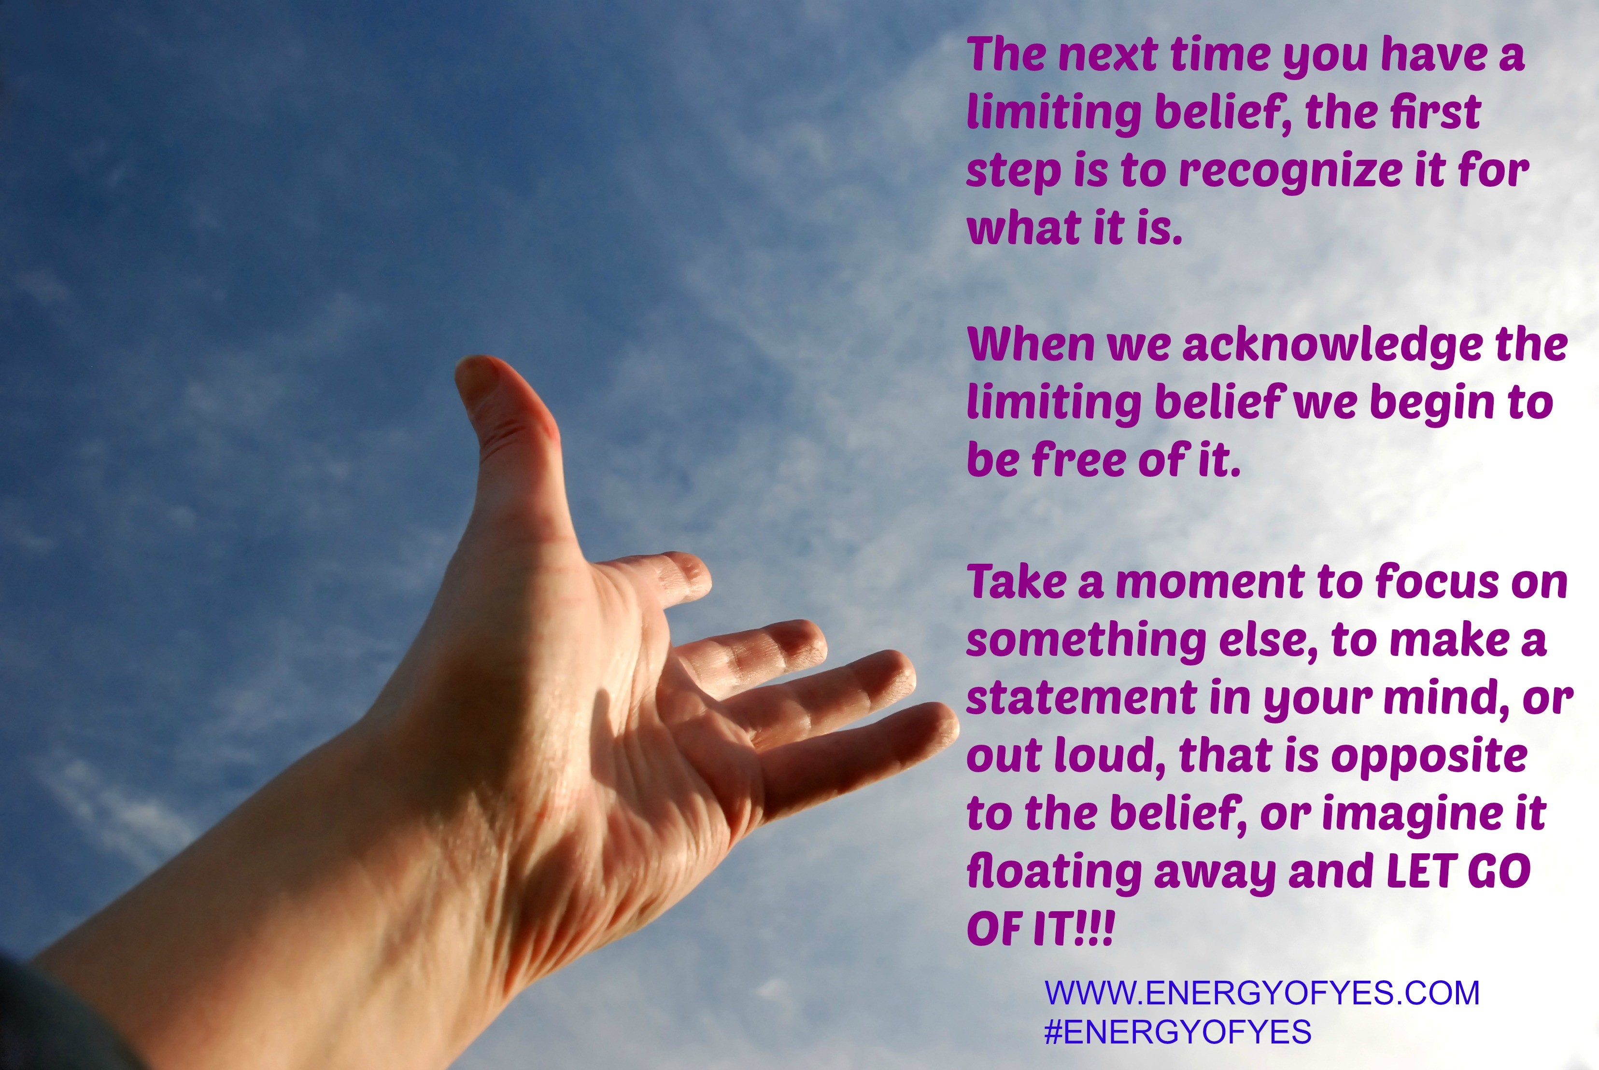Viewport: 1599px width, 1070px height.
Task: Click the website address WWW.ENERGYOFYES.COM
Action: [1262, 992]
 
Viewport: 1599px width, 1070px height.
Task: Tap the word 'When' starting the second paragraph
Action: [1031, 345]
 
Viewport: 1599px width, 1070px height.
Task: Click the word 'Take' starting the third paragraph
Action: [1017, 583]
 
